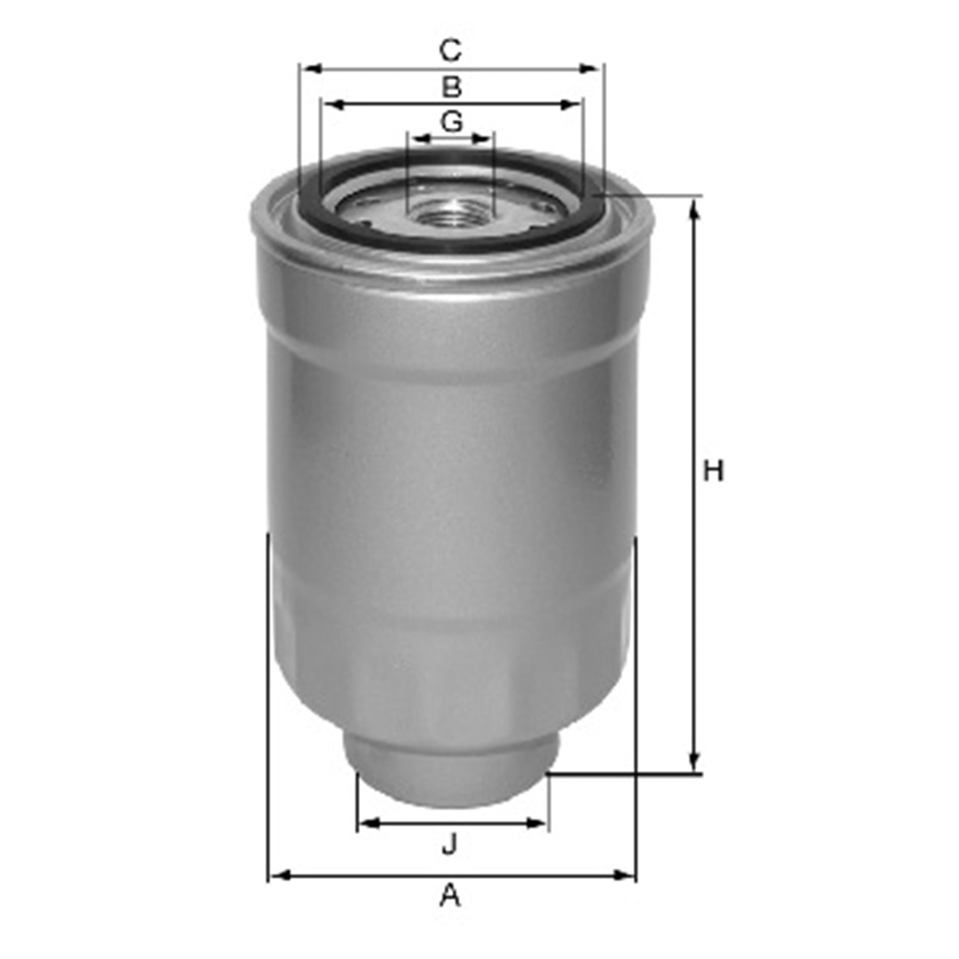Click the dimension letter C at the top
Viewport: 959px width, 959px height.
coord(451,50)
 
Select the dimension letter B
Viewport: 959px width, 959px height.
coord(452,87)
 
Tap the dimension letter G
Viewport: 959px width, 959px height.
coord(452,121)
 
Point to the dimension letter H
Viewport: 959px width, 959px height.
coord(713,471)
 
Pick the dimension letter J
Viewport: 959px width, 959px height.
coord(450,845)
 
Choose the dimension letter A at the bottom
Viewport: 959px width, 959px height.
coord(450,896)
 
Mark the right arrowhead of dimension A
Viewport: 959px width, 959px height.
coord(624,875)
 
